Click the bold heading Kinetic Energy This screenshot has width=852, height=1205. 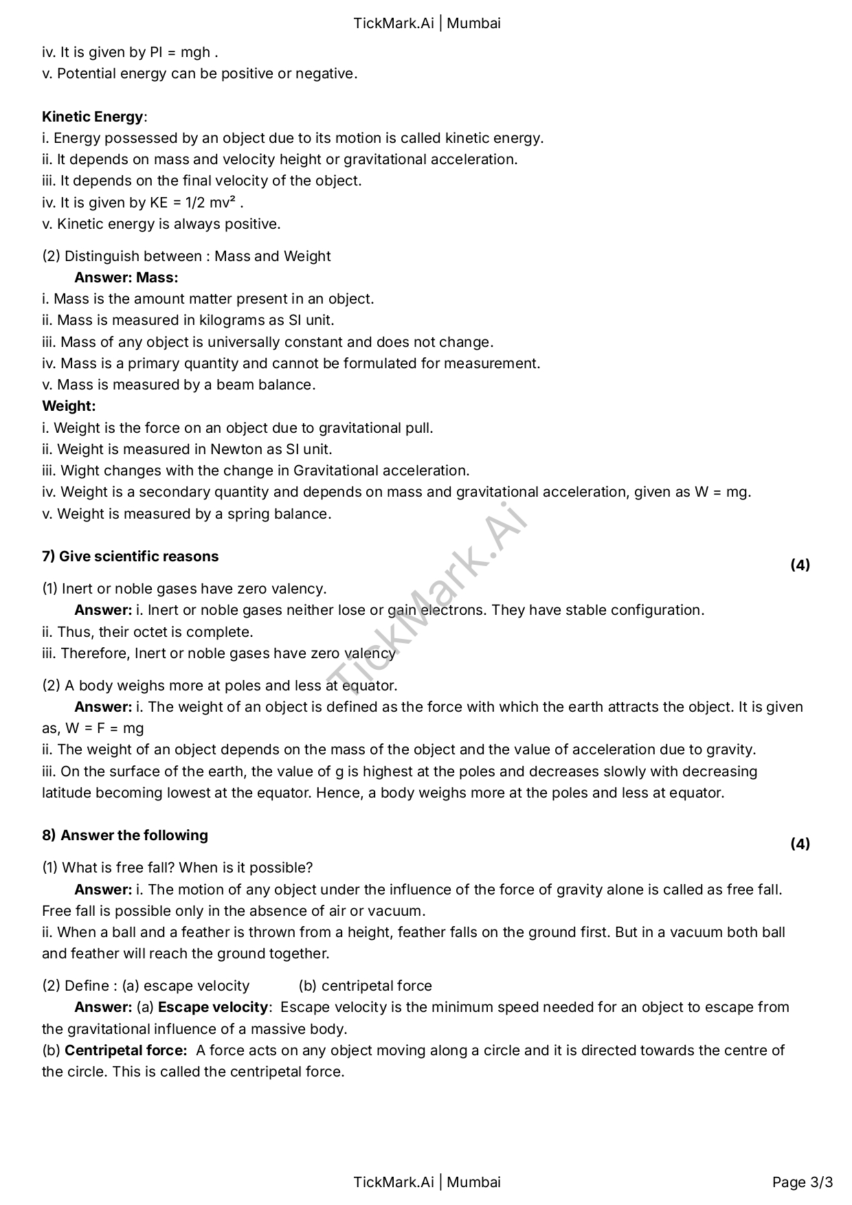[x=93, y=116]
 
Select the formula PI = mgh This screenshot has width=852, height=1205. [x=179, y=52]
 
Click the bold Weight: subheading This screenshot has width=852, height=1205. [x=69, y=406]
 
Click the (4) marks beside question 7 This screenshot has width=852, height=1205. [x=800, y=565]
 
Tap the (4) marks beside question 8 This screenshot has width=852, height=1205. [x=800, y=844]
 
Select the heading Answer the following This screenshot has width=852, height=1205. [x=134, y=835]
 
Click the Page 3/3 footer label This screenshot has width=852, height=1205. [x=803, y=1182]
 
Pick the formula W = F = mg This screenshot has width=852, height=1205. [x=104, y=728]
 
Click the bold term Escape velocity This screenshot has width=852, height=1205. [x=212, y=1007]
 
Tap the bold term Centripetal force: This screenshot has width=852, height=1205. [x=126, y=1050]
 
